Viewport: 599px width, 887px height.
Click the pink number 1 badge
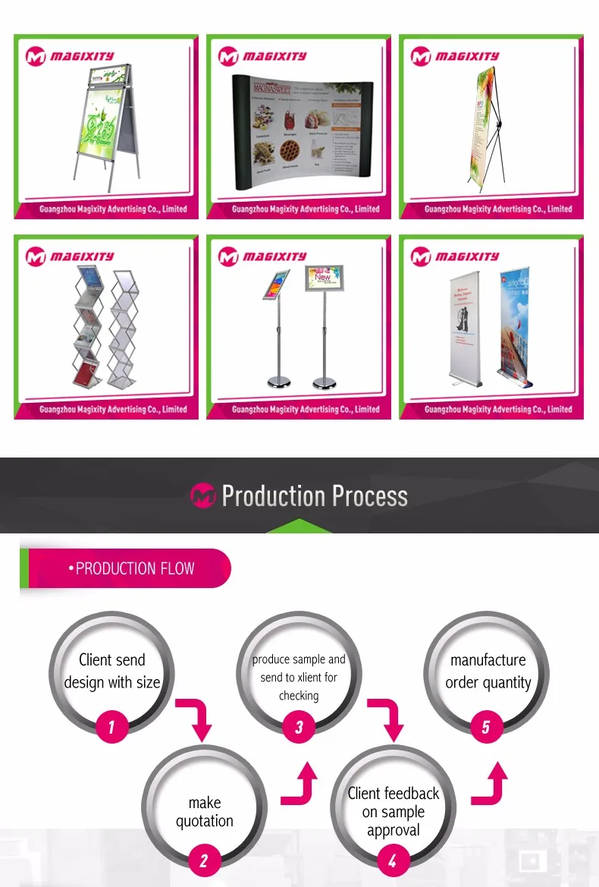point(111,728)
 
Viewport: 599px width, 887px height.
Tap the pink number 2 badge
point(204,860)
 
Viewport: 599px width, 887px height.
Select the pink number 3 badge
point(299,728)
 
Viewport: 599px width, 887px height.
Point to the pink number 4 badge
point(392,860)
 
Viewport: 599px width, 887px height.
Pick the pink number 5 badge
point(486,728)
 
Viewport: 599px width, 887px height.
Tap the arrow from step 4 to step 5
point(491,786)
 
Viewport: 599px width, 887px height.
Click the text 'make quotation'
point(205,812)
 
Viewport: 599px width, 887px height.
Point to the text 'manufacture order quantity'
point(488,672)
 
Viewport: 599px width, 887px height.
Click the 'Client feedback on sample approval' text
point(393,812)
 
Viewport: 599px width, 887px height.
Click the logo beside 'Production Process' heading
point(202,496)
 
